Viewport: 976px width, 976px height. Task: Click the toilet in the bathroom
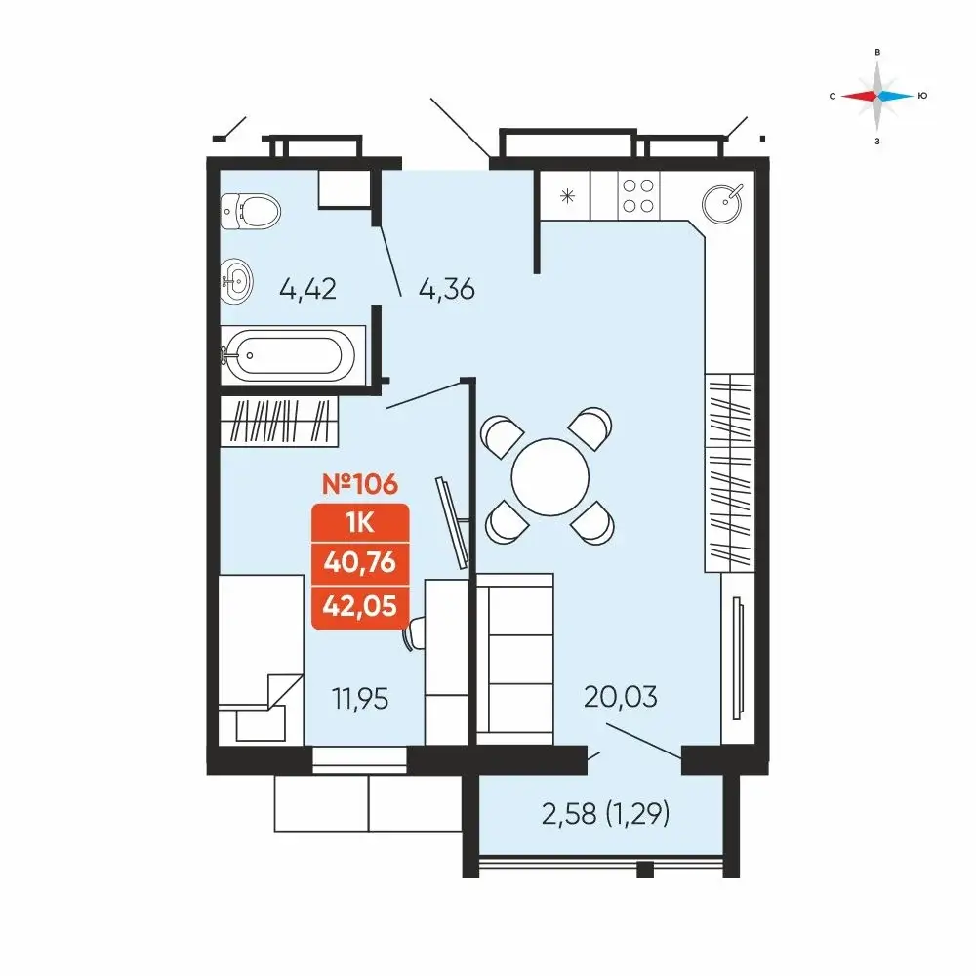250,212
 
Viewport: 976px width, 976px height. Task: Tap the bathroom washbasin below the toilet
236,281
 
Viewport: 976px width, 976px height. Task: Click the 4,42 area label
308,289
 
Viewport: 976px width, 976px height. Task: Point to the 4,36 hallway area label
447,290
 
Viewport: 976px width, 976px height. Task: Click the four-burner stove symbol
638,195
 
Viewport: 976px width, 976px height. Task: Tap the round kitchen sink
722,203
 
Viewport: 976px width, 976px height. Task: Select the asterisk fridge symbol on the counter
567,197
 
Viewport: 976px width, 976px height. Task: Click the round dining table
550,477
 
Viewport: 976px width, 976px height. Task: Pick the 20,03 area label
621,697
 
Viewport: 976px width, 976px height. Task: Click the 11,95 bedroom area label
360,699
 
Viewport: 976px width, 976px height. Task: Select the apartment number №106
360,484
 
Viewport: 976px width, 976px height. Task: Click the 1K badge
360,523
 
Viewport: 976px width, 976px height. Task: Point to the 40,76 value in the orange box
360,563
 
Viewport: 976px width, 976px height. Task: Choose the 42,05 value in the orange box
360,606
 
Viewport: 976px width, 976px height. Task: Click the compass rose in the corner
877,96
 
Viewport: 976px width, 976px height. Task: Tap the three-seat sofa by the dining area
514,659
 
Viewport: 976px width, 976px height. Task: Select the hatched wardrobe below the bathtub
279,422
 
